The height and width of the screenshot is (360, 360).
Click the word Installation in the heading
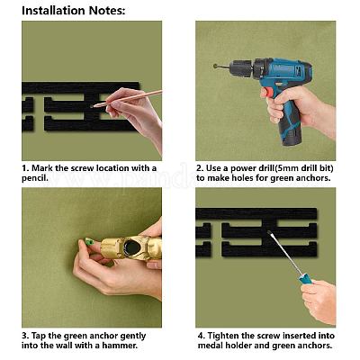54,11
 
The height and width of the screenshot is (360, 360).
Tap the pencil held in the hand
128,98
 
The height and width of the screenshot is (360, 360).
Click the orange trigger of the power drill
268,92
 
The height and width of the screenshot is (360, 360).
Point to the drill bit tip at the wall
215,66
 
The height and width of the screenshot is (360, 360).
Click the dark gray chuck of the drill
242,68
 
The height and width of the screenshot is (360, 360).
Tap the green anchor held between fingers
89,241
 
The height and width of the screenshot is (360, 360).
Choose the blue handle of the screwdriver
306,281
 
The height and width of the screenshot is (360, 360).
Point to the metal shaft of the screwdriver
284,254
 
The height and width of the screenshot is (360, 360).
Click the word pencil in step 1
33,178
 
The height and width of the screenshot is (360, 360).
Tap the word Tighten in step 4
223,336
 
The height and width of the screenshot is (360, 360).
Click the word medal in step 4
209,346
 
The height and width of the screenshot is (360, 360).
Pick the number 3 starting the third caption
24,336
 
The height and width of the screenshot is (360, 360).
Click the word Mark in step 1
41,168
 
